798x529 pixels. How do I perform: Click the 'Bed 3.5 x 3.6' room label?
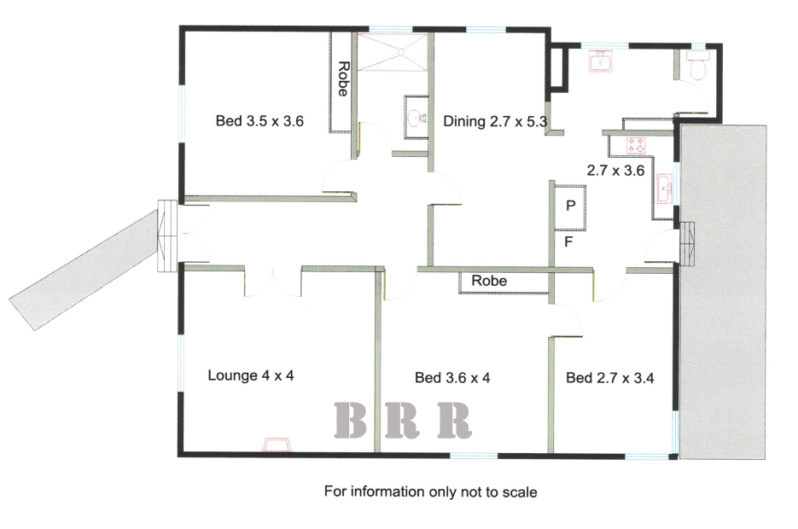[x=259, y=121]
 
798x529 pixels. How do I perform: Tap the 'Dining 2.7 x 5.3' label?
[x=495, y=121]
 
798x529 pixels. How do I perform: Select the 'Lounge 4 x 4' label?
[x=251, y=375]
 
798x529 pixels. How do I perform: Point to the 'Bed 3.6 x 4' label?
[x=452, y=377]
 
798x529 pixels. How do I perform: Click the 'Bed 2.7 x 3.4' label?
[x=609, y=377]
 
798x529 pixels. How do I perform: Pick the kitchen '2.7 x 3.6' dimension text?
[x=616, y=171]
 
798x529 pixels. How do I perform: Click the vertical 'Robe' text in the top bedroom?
[x=344, y=78]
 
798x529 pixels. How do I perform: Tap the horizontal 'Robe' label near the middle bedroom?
[x=489, y=281]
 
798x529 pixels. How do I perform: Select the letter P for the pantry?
[x=571, y=206]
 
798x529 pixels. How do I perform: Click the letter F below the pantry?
[x=569, y=241]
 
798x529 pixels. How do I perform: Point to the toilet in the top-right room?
[x=698, y=65]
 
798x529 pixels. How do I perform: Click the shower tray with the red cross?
[x=393, y=52]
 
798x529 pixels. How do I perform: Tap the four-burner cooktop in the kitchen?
[x=635, y=145]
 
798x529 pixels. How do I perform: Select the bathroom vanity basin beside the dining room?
[x=416, y=118]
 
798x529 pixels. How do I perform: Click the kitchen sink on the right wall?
[x=665, y=189]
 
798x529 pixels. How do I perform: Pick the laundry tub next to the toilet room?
[x=601, y=61]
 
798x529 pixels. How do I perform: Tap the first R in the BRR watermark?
[x=401, y=420]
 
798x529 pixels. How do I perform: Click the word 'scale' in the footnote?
[x=520, y=492]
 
